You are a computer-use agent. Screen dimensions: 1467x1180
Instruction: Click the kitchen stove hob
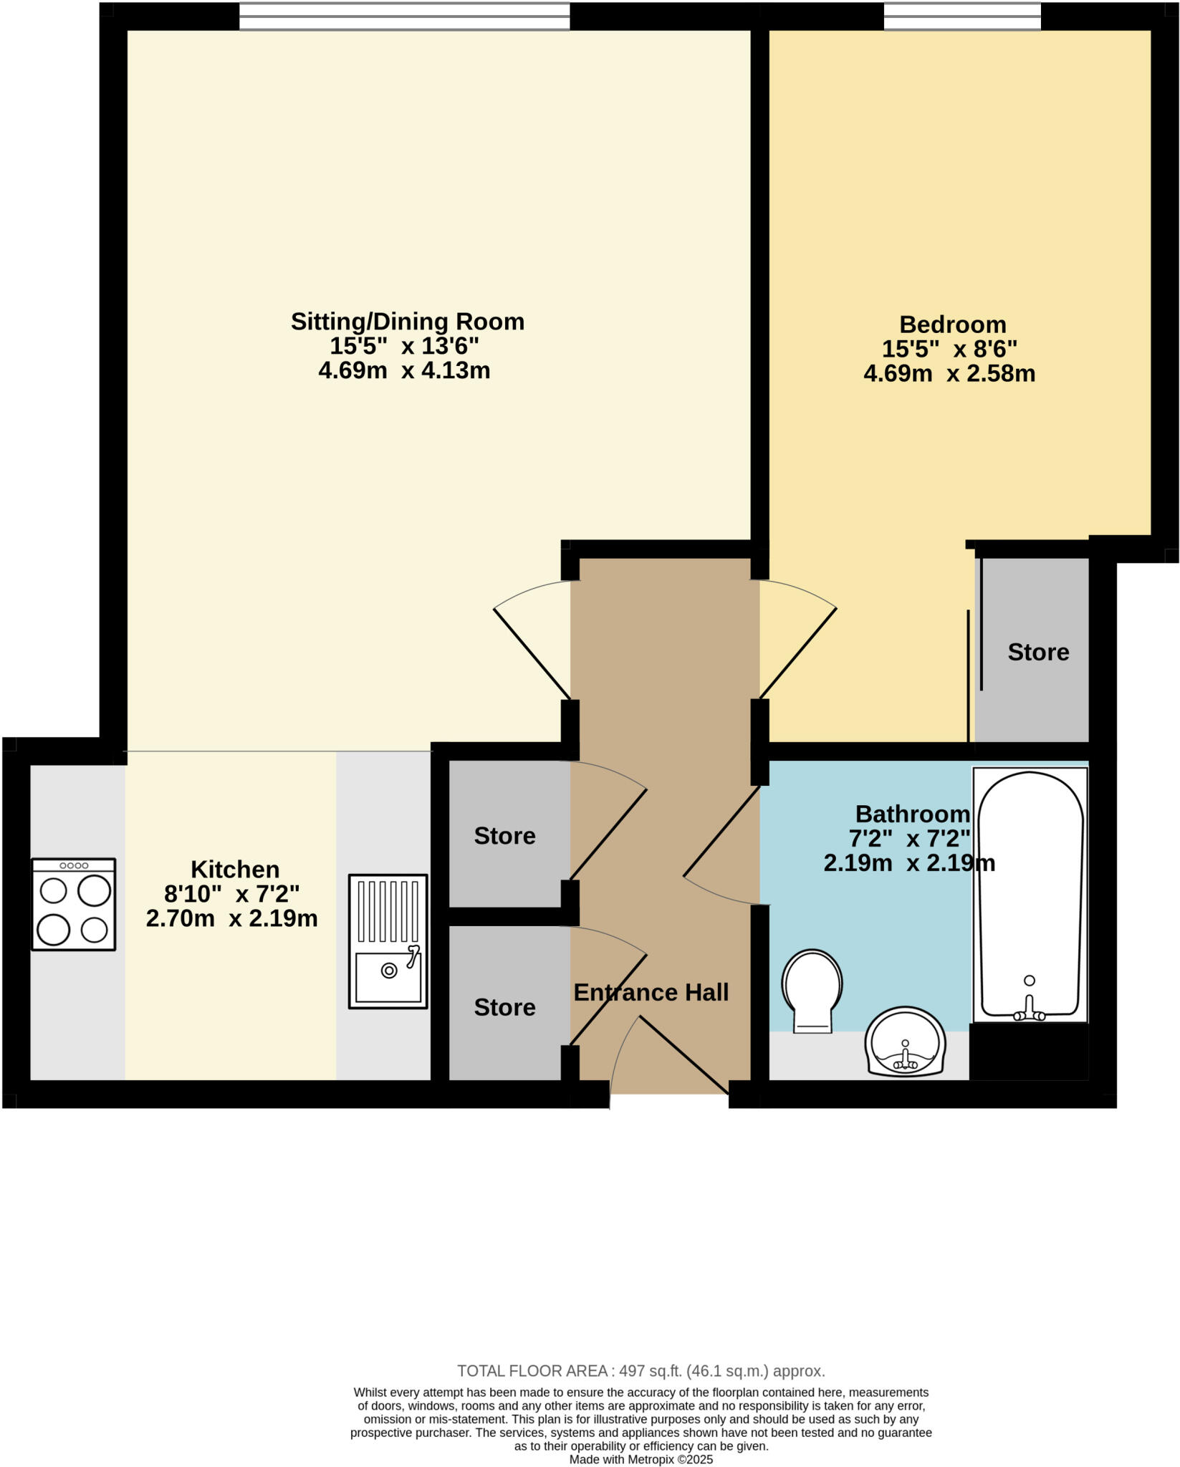pos(74,904)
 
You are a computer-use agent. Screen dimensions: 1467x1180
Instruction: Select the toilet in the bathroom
pos(812,989)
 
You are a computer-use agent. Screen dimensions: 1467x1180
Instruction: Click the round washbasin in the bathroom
pos(905,1042)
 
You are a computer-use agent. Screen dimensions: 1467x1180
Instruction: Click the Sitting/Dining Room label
pos(407,322)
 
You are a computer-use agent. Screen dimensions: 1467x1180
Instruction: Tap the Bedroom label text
pos(952,324)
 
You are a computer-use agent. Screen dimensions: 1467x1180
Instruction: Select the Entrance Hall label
pos(651,993)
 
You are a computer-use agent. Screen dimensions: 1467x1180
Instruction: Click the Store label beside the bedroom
pos(1038,652)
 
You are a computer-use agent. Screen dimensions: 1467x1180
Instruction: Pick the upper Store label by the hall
pos(504,836)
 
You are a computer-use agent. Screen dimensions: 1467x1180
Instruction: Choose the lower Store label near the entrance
pos(504,1008)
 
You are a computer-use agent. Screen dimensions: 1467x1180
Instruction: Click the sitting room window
pos(404,16)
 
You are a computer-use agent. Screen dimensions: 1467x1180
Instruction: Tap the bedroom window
pos(961,16)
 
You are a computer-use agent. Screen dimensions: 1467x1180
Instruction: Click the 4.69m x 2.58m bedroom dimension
pos(949,374)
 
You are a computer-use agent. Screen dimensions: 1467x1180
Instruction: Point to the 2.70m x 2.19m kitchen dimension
pos(231,919)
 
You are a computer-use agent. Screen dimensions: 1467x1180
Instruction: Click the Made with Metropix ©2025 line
pos(641,1459)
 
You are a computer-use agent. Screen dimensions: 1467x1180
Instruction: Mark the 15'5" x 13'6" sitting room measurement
pos(404,347)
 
